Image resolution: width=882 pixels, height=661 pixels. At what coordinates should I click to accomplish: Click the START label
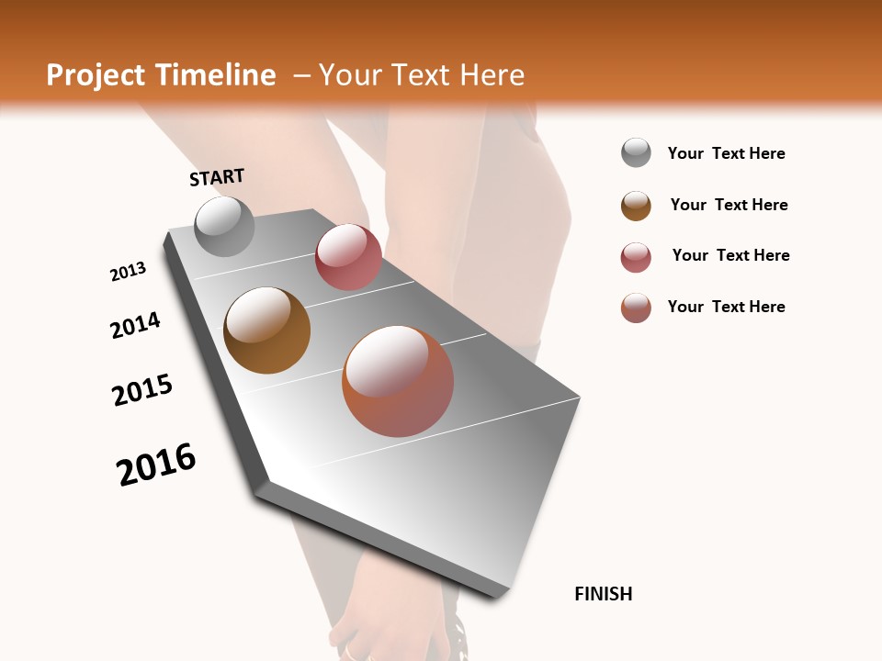point(217,177)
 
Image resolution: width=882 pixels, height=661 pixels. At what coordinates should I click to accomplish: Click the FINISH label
point(603,594)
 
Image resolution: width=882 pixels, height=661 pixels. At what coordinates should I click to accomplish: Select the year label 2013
point(128,272)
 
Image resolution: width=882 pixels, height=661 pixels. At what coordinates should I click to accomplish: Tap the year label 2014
point(135,325)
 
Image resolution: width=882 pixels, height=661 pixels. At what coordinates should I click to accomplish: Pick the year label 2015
point(142,390)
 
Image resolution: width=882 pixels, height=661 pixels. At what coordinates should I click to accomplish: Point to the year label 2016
point(156,465)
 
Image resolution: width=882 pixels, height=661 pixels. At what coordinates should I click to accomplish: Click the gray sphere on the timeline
point(224,226)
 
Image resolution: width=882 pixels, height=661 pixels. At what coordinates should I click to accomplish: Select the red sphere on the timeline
point(348,257)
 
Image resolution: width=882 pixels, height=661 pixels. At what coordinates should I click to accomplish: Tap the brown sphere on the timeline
point(266,330)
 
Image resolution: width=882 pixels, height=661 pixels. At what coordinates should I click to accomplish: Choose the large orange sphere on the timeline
point(398,381)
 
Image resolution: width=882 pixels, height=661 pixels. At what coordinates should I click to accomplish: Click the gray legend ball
point(636,153)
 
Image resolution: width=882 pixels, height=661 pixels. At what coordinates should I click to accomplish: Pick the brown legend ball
point(636,206)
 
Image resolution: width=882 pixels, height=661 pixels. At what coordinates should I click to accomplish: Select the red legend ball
point(636,257)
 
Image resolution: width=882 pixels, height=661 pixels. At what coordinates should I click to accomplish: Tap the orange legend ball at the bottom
point(636,308)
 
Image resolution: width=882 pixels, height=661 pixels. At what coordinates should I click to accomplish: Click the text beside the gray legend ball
point(726,154)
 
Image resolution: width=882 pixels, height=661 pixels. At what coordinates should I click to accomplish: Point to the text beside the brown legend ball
point(729,206)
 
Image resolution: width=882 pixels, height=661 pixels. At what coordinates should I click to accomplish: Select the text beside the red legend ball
point(730,256)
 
